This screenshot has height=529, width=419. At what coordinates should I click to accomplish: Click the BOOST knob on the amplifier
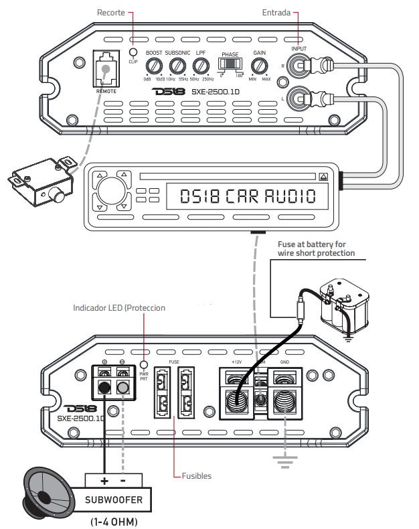pyautogui.click(x=155, y=66)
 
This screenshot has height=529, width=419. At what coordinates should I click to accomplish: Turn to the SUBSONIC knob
pyautogui.click(x=177, y=66)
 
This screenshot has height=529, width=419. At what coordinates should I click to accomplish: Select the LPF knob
pyautogui.click(x=200, y=66)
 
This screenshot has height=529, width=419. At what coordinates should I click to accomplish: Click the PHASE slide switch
pyautogui.click(x=230, y=65)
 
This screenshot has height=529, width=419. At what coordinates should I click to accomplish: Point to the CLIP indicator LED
pyautogui.click(x=133, y=52)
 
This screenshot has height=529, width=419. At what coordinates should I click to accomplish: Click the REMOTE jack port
pyautogui.click(x=104, y=69)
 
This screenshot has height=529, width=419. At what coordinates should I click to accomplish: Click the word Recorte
pyautogui.click(x=110, y=13)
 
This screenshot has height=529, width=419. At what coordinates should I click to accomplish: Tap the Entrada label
pyautogui.click(x=276, y=13)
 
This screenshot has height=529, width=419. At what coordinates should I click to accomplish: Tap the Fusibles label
pyautogui.click(x=197, y=476)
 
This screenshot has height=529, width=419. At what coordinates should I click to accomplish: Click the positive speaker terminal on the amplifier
pyautogui.click(x=105, y=387)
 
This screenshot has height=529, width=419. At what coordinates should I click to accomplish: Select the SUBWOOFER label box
pyautogui.click(x=113, y=499)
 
